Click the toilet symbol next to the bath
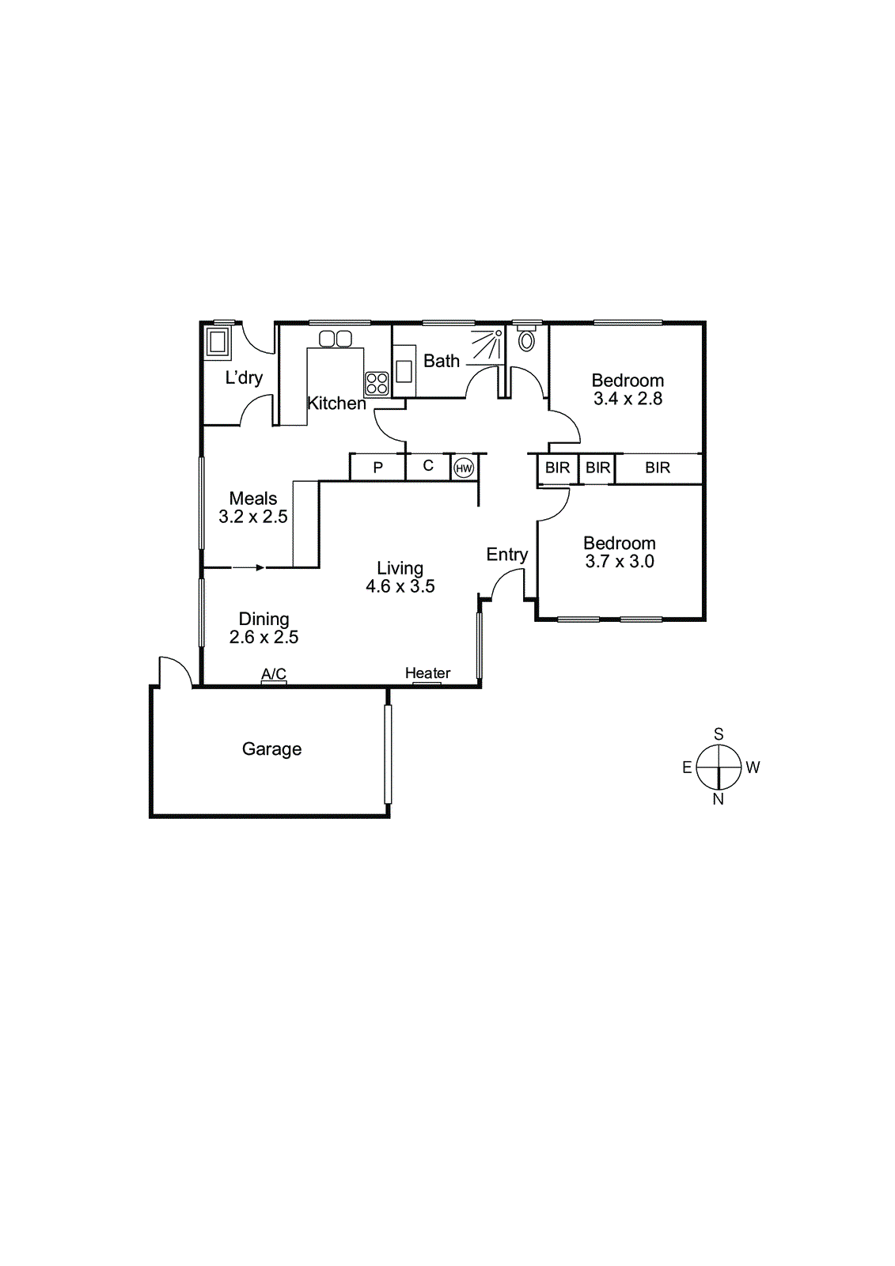[526, 340]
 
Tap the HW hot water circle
[464, 468]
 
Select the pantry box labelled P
[377, 468]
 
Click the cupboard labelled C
[428, 466]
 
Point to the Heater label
[427, 673]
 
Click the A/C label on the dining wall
[274, 674]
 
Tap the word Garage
[271, 749]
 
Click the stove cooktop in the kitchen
[377, 384]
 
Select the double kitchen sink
[336, 339]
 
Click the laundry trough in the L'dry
[217, 343]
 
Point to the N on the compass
[719, 799]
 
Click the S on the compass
[719, 734]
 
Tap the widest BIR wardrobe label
[658, 468]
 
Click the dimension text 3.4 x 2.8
[628, 399]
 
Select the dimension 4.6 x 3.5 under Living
[400, 586]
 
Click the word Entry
[506, 555]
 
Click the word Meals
[253, 498]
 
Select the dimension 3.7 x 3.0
[620, 562]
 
